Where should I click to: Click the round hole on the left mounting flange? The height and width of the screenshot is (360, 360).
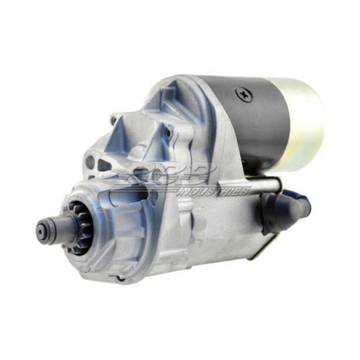coord(90,162)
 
